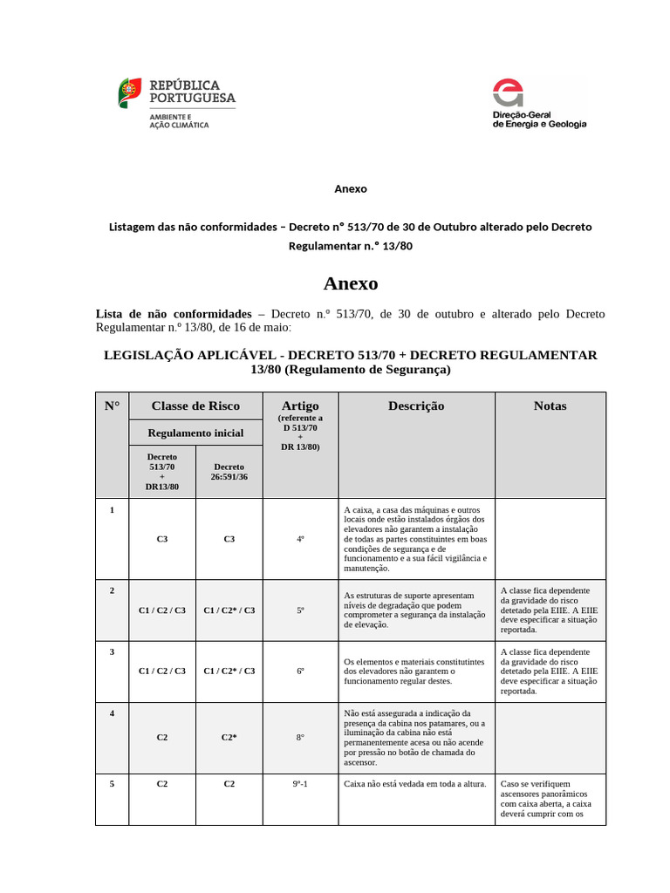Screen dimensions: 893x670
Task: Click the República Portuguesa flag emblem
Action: coord(130,92)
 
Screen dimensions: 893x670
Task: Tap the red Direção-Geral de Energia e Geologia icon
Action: coord(509,93)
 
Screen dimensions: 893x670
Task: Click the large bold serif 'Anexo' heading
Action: coord(350,283)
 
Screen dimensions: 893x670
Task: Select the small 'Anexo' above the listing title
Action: coord(351,188)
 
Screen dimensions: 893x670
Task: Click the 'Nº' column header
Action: coord(112,406)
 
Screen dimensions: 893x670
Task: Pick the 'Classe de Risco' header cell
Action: coord(195,406)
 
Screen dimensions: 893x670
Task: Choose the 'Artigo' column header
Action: coord(300,406)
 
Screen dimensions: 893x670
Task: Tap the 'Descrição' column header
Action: coord(416,406)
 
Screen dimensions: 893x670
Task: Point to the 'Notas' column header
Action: coord(550,406)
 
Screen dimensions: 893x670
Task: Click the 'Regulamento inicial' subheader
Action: coord(195,433)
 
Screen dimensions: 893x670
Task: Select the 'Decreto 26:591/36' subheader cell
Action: coord(229,472)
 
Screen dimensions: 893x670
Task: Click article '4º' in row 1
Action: coord(300,539)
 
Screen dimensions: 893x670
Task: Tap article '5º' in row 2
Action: coord(300,610)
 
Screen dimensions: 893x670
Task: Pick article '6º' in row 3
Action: coord(300,671)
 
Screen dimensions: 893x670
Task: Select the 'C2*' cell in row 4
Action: coord(229,737)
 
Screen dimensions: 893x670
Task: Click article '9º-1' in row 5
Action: coord(300,783)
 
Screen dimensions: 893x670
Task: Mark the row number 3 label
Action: coord(112,651)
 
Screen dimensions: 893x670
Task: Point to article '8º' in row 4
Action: coord(300,737)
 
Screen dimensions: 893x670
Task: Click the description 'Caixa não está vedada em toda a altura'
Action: coord(415,783)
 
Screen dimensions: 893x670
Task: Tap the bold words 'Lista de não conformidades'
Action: coord(172,313)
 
